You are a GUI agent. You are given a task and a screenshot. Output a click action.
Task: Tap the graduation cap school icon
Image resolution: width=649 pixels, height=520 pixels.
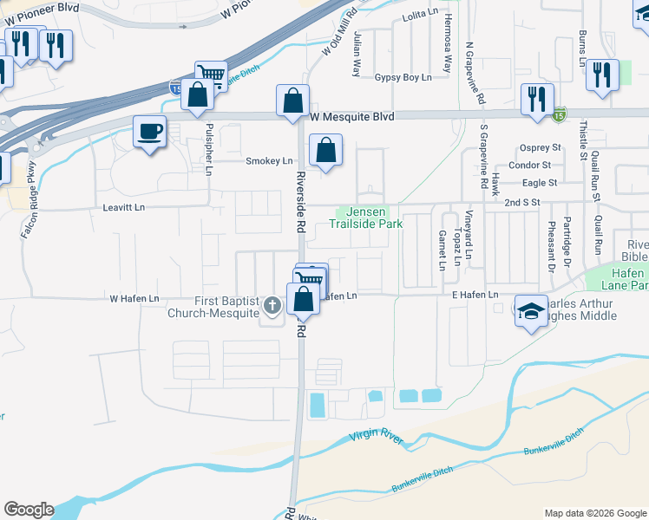pos(531,310)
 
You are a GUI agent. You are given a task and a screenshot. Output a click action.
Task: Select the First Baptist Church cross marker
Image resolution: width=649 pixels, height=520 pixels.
pos(272,304)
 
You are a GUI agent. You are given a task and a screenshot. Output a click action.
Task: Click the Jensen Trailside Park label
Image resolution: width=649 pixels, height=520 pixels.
pos(366,218)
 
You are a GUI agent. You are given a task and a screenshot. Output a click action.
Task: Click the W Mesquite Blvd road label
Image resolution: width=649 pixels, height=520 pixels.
pos(351,116)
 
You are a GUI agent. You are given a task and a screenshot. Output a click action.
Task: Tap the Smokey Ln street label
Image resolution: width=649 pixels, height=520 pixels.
pos(269,161)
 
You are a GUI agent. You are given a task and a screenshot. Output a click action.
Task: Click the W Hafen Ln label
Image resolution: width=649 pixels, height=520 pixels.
pos(134,299)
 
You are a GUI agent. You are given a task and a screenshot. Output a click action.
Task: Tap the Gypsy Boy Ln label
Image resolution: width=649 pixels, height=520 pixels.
pos(403,78)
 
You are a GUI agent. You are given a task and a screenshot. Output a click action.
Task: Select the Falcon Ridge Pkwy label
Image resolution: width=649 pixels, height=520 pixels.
pos(29,200)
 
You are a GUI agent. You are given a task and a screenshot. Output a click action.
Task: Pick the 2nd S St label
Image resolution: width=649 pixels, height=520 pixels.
pos(523,201)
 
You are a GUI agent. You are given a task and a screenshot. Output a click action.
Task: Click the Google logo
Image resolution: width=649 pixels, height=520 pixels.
pos(29,510)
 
